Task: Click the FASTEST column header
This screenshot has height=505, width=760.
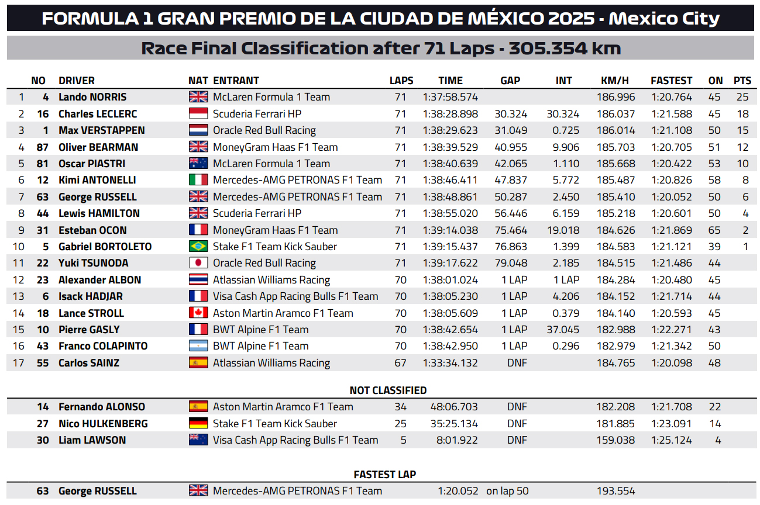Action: [671, 81]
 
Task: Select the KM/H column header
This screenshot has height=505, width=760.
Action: [614, 81]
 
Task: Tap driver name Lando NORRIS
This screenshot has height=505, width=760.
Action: [92, 97]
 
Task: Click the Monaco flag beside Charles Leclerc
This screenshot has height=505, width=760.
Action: [198, 113]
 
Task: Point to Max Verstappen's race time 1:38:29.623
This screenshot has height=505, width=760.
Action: [450, 130]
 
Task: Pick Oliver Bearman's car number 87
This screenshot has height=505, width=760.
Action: [43, 147]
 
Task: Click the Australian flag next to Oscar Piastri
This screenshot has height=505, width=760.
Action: [198, 164]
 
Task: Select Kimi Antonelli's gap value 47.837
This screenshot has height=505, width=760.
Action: [510, 180]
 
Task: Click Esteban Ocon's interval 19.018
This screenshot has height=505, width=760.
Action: [563, 230]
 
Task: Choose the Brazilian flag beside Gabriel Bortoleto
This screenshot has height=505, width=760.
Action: [198, 247]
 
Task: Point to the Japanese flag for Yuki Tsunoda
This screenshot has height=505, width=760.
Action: [198, 263]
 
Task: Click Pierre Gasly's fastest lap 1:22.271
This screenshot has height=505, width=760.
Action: [671, 330]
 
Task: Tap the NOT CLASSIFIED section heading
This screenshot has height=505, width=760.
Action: [388, 390]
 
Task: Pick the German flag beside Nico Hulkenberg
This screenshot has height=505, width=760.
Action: [198, 423]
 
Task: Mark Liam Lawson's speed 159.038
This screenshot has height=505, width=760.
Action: [614, 440]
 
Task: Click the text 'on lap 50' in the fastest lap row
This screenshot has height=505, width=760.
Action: [507, 491]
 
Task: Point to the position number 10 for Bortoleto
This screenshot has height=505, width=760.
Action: [19, 247]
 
